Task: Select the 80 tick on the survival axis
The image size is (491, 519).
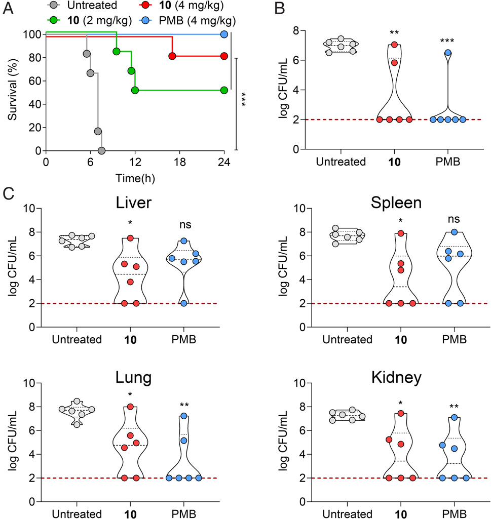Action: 32,58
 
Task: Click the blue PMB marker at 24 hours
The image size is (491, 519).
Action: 224,34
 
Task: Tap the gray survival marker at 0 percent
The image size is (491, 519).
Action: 101,151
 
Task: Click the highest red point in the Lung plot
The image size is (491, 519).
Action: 130,407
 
